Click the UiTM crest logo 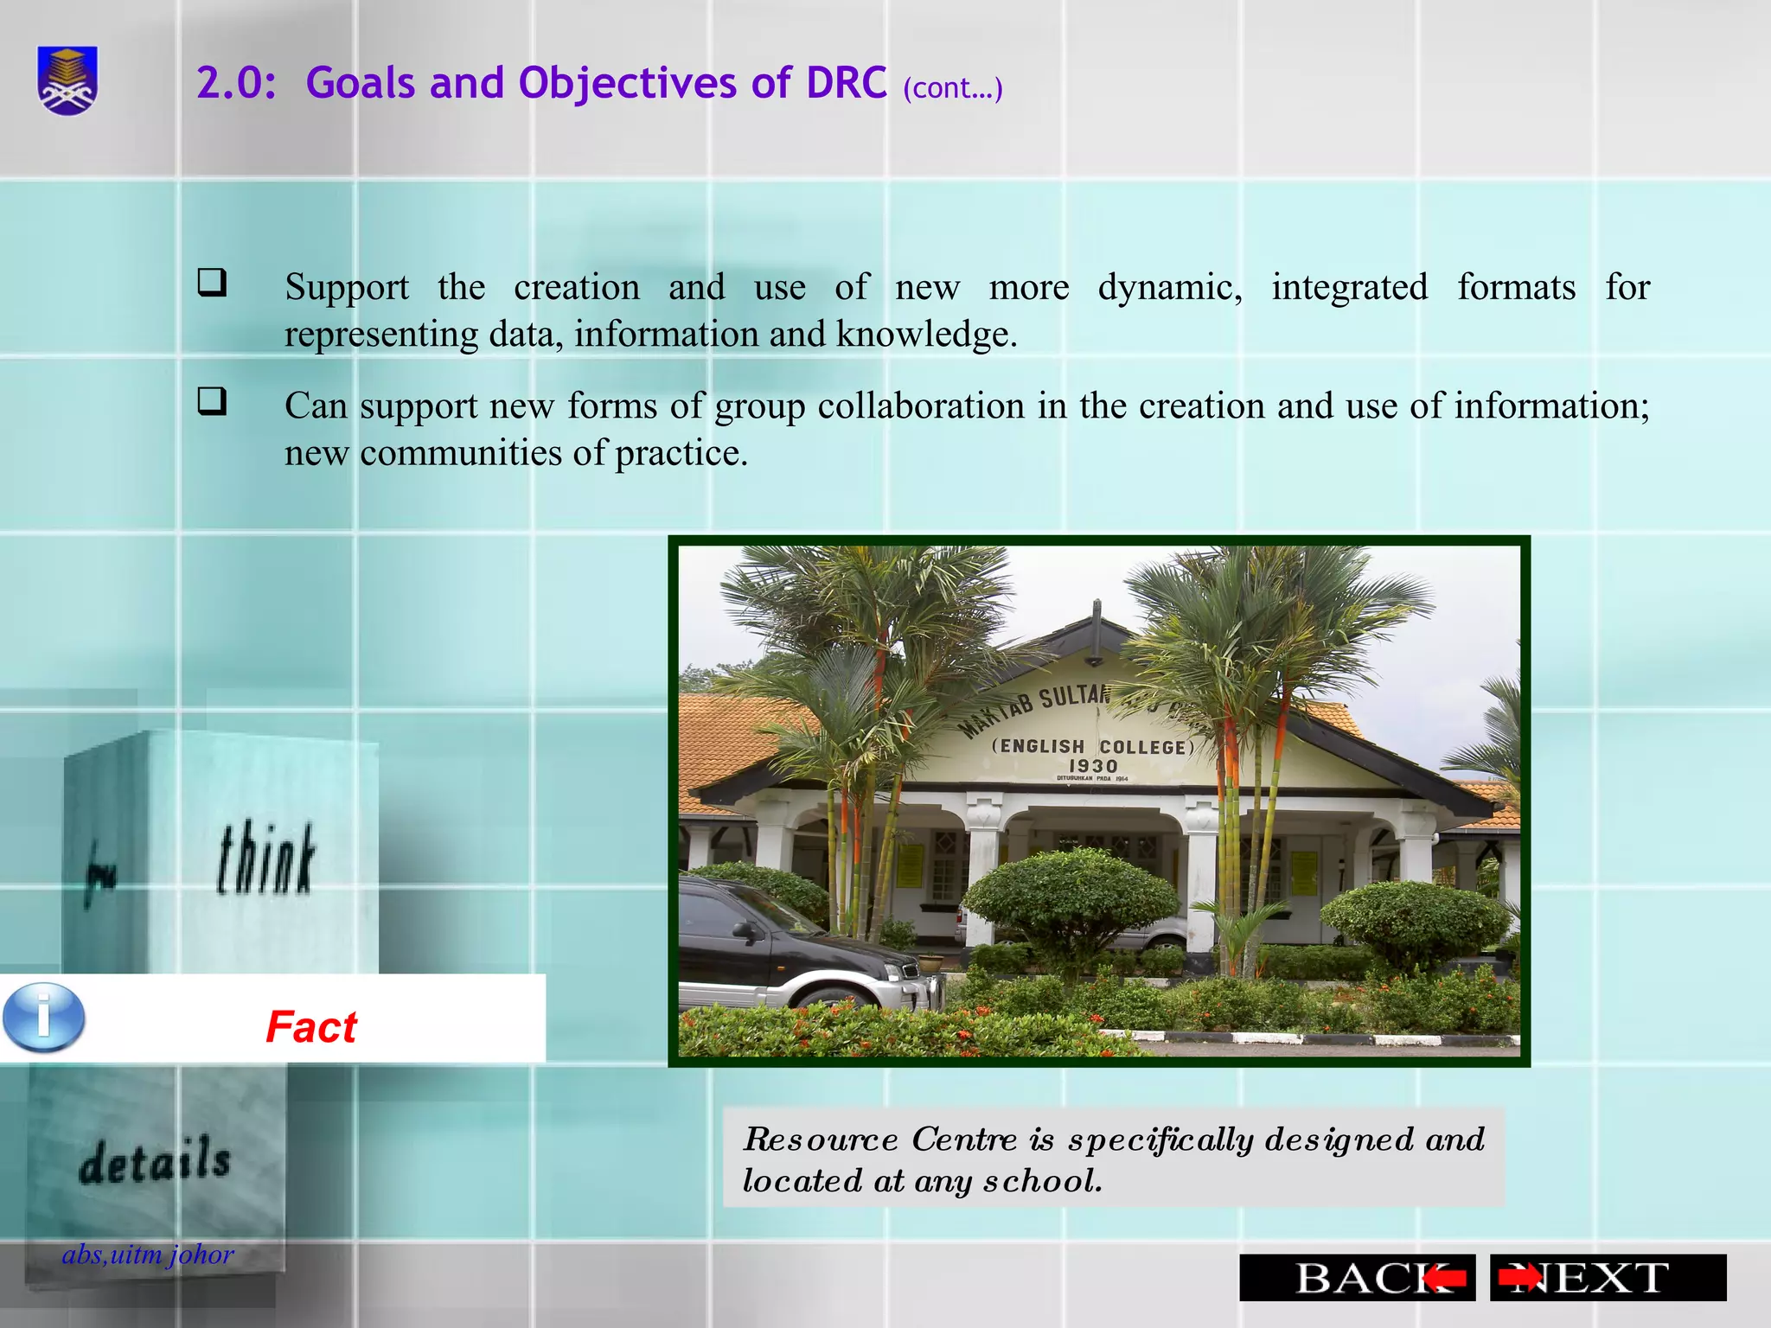point(67,80)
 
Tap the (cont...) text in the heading point(952,88)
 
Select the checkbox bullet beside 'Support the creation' point(212,283)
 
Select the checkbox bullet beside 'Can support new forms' point(212,401)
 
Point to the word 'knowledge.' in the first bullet point(926,335)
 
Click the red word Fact point(311,1027)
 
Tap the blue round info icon point(44,1018)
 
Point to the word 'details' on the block point(155,1161)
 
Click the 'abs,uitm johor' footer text point(148,1255)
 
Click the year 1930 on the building point(1093,766)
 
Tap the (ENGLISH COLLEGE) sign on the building point(1092,746)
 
